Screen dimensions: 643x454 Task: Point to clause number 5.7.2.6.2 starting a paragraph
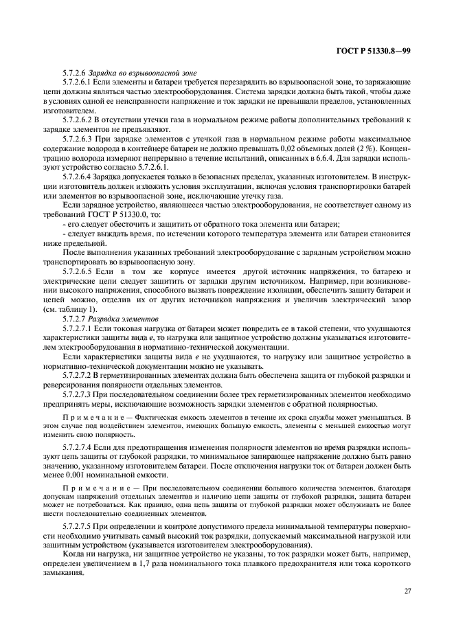(x=80, y=120)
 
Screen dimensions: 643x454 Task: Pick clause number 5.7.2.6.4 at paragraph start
(x=80, y=177)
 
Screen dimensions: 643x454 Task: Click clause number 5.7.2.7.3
(x=80, y=396)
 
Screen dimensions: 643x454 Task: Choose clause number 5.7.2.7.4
(x=80, y=447)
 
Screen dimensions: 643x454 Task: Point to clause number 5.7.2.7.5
(x=80, y=526)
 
